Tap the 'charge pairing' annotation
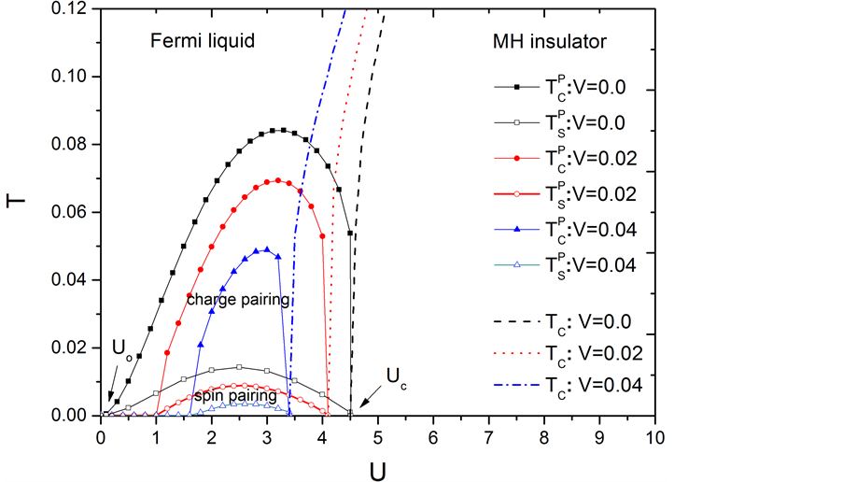click(x=238, y=300)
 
